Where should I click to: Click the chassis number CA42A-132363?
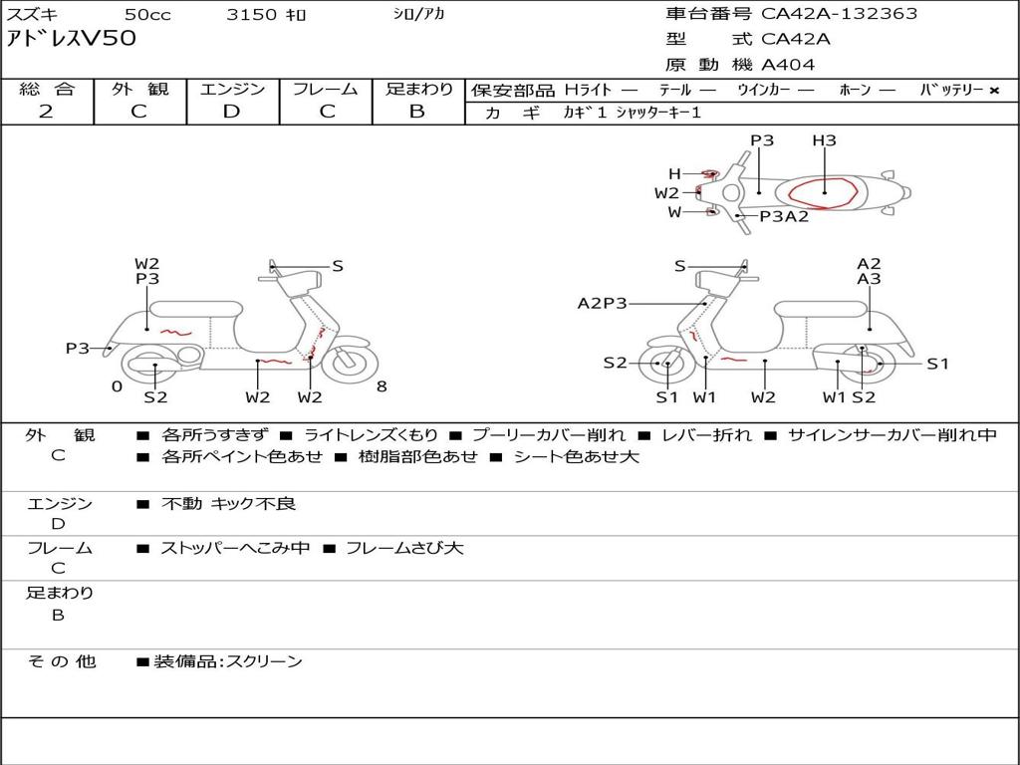click(839, 14)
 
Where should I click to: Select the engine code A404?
click(788, 65)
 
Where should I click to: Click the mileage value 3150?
click(252, 14)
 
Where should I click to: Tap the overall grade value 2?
click(46, 112)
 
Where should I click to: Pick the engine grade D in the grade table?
click(231, 112)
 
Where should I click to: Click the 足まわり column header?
click(418, 90)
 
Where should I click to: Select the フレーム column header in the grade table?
click(326, 90)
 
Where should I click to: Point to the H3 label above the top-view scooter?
click(824, 140)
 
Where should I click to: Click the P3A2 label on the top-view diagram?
click(784, 216)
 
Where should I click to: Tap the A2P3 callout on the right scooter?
click(603, 303)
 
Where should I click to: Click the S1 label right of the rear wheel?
click(937, 364)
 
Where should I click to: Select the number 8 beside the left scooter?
click(382, 386)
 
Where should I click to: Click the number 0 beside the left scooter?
click(117, 386)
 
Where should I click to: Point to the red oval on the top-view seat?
click(823, 192)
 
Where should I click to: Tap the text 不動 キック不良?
click(228, 504)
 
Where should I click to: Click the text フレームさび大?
click(404, 548)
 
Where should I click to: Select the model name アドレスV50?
click(71, 39)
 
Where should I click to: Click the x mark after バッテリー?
click(993, 91)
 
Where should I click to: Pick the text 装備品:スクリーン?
click(228, 661)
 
